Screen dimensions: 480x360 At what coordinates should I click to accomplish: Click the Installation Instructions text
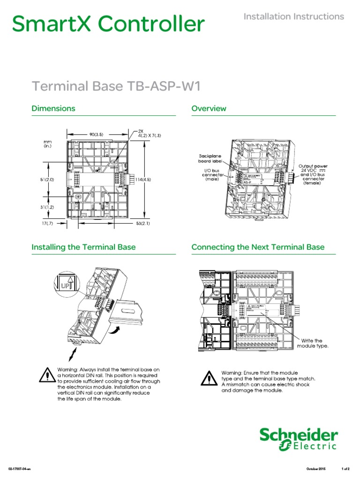tap(294, 16)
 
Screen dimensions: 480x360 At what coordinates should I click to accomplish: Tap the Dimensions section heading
tap(53, 108)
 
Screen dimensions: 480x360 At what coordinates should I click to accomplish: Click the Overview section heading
tap(209, 108)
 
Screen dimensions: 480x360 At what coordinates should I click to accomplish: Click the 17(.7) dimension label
tap(48, 224)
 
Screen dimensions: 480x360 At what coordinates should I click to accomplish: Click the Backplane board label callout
tap(210, 158)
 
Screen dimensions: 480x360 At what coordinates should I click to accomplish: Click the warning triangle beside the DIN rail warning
tap(47, 375)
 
